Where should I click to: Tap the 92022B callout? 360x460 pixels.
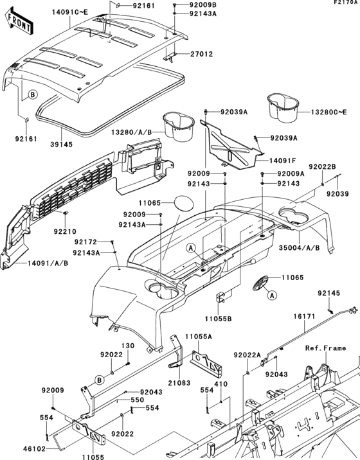[322, 166]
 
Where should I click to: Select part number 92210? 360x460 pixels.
[65, 231]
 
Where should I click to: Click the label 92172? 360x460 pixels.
[85, 242]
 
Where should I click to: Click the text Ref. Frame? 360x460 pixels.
[326, 348]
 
